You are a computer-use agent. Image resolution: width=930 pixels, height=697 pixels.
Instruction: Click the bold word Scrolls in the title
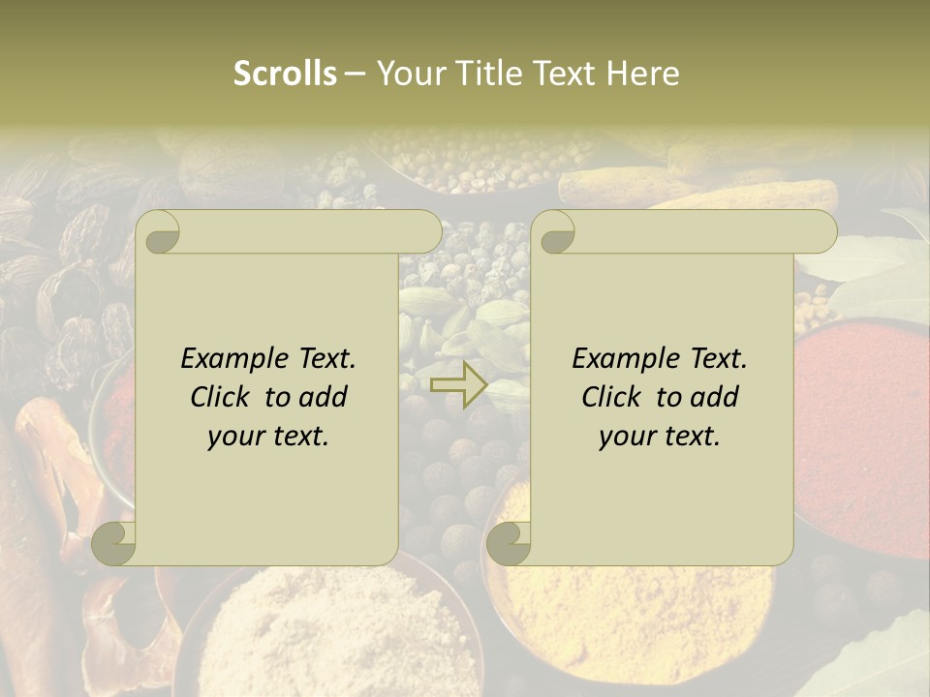point(285,74)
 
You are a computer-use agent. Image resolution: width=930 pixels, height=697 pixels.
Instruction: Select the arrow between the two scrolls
point(458,385)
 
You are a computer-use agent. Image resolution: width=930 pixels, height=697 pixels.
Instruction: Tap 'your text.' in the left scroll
point(267,437)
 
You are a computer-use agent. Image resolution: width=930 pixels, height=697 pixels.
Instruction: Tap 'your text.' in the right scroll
point(659,437)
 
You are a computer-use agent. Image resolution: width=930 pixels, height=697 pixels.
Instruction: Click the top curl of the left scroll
point(158,232)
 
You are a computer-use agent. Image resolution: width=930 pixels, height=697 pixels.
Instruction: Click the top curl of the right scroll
point(554,232)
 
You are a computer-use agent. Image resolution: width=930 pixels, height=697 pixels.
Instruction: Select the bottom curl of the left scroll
point(114,543)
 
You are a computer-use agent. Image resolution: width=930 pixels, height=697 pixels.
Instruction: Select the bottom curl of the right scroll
point(509,543)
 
